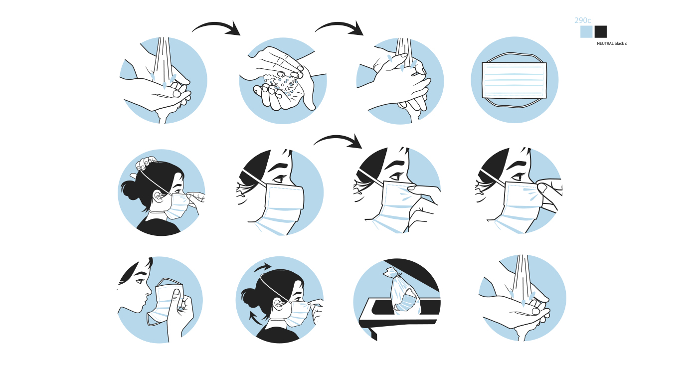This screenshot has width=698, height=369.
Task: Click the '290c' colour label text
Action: [x=582, y=20]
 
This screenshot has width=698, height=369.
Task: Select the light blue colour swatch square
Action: [x=586, y=32]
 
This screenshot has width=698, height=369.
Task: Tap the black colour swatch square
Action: [x=600, y=32]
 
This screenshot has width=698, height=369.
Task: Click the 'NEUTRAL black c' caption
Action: [x=612, y=44]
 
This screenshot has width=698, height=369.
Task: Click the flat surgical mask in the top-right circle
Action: [x=514, y=80]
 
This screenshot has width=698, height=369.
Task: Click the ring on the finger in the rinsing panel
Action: [x=415, y=74]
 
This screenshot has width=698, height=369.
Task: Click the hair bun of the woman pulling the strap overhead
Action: [x=131, y=189]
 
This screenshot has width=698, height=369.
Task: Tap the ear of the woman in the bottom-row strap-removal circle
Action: [x=278, y=304]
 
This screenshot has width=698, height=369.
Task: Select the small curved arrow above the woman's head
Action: [x=262, y=267]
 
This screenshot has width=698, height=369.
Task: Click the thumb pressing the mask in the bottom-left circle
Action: [x=175, y=300]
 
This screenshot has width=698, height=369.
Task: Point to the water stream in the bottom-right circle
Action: [x=523, y=277]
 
